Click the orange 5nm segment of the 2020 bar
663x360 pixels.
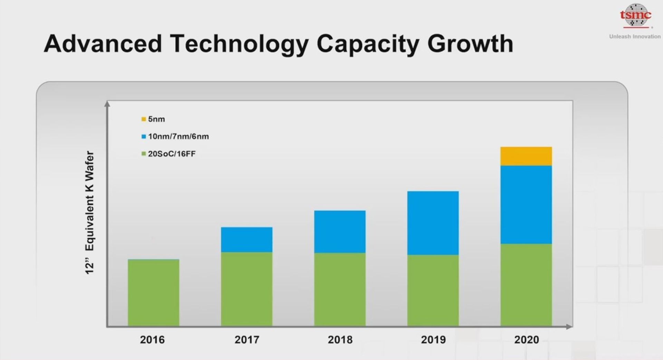click(526, 156)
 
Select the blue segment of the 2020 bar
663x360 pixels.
click(526, 205)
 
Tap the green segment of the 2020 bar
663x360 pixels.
click(526, 285)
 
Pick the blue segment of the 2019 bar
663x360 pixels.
click(433, 223)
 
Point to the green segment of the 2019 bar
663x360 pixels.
click(433, 290)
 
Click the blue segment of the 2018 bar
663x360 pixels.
click(340, 232)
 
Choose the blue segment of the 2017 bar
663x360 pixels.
click(247, 240)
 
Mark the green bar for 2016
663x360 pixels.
click(153, 292)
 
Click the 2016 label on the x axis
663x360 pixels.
click(152, 340)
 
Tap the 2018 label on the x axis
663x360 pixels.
click(340, 340)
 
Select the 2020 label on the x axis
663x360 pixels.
click(527, 340)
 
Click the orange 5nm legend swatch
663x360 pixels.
click(144, 119)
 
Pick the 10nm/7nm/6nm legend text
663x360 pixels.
click(179, 136)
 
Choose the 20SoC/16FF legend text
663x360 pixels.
click(172, 154)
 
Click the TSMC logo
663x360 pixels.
click(635, 16)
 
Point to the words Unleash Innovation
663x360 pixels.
click(635, 37)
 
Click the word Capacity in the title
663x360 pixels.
click(368, 44)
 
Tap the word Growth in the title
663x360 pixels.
click(470, 43)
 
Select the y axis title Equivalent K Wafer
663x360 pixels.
click(89, 201)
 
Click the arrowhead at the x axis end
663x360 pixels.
click(569, 326)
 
